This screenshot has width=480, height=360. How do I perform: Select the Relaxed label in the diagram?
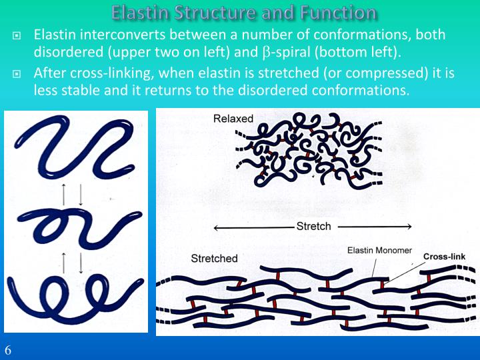click(233, 119)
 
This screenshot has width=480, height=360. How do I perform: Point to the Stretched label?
click(214, 258)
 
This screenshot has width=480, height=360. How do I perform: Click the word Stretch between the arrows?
click(313, 226)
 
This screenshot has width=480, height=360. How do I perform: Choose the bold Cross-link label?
click(444, 256)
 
